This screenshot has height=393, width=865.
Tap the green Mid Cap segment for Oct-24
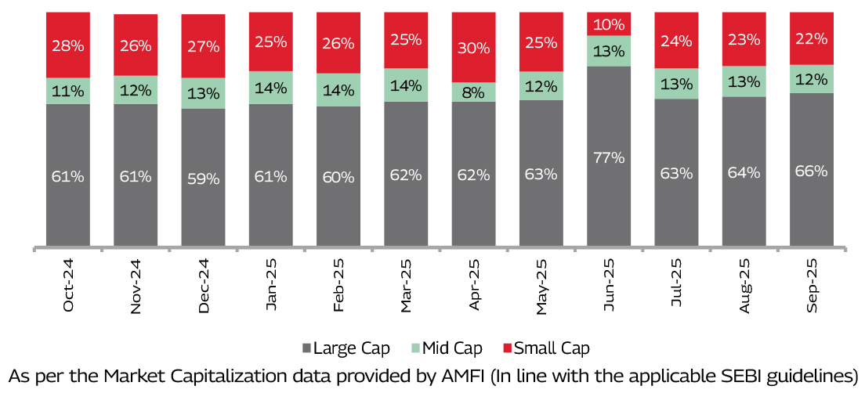68,91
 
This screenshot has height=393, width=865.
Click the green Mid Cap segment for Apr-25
474,92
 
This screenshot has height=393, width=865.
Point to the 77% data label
609,157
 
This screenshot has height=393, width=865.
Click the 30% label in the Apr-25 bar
474,48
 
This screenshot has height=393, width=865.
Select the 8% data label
474,92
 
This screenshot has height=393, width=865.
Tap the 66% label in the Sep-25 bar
811,171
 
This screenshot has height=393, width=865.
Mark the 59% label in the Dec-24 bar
203,178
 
